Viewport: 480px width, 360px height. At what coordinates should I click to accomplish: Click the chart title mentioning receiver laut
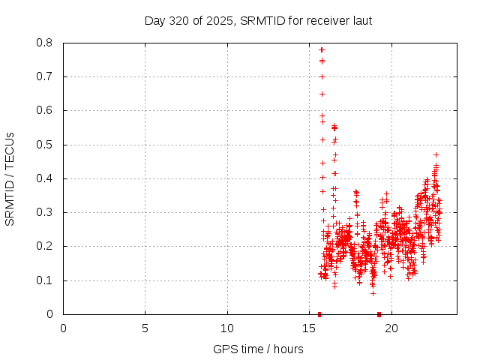[258, 20]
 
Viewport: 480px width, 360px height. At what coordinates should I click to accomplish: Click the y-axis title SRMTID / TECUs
[10, 179]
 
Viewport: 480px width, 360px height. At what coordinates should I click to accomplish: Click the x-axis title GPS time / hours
[258, 349]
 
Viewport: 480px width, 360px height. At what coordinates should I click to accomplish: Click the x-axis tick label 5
[145, 328]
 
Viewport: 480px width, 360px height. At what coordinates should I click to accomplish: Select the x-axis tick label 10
[227, 328]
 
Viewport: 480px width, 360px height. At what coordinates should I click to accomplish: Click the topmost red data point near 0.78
[322, 49]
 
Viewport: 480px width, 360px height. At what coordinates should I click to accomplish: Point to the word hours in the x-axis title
[288, 349]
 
